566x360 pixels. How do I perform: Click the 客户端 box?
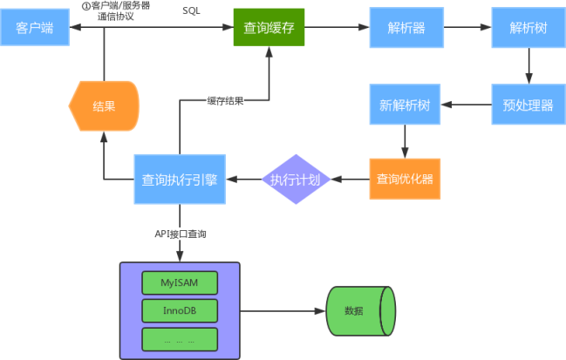35,27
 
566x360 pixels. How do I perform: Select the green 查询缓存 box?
269,27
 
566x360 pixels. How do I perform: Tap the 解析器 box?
406,27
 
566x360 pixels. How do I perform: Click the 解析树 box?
528,27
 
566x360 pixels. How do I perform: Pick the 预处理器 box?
528,105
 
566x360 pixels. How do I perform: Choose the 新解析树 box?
405,105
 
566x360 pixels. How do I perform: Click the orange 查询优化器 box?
405,179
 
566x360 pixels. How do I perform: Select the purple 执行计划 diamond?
296,180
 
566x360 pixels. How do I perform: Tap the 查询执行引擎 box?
180,180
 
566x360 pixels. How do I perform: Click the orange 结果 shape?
104,106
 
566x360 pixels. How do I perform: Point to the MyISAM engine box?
180,282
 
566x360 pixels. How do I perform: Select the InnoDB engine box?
180,310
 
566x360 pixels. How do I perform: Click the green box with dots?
180,339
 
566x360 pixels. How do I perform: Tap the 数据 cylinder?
361,311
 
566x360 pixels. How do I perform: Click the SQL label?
191,10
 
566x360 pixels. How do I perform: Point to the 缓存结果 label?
225,100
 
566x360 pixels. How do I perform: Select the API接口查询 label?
181,234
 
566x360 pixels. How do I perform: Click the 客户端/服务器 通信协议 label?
116,10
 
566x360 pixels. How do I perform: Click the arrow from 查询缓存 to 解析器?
337,27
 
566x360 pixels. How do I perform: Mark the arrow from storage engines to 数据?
283,311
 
